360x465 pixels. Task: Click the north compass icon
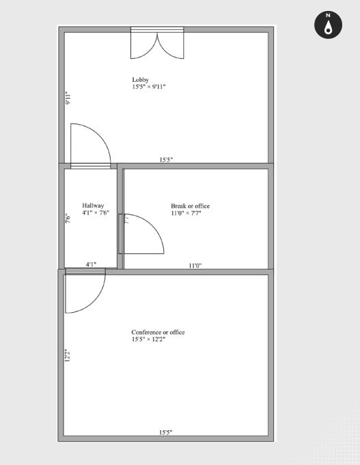point(328,25)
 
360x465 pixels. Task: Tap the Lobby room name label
point(140,80)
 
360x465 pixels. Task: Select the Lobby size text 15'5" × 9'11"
point(149,87)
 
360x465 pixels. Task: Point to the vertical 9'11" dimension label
point(68,98)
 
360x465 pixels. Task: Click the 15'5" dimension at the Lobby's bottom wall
point(166,160)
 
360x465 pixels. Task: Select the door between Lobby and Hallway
point(89,145)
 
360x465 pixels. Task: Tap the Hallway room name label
point(93,206)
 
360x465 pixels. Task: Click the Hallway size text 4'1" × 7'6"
point(96,213)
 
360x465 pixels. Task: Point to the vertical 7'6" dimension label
point(68,219)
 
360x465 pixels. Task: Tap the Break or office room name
point(190,206)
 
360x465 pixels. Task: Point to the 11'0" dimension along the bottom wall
point(195,266)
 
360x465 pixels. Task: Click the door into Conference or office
point(84,290)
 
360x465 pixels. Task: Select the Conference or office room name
point(158,333)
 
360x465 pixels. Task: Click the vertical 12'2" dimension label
point(68,356)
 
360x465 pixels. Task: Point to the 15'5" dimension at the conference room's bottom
point(165,432)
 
